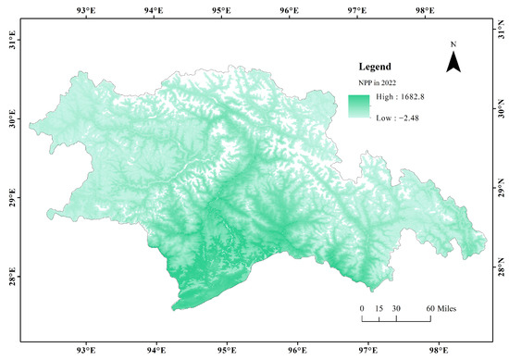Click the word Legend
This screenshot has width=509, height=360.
click(378, 68)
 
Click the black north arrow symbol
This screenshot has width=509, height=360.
click(453, 62)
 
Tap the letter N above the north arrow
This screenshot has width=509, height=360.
click(453, 44)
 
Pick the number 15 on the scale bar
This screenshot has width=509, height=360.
click(379, 307)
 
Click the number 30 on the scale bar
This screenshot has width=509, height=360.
click(396, 307)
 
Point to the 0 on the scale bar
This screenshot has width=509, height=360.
click(362, 307)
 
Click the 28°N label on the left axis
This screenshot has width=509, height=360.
click(13, 277)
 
